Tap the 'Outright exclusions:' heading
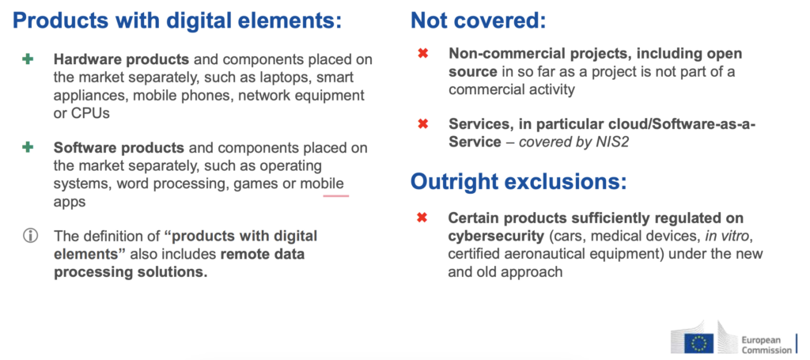(519, 181)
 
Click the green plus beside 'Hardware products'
(28, 59)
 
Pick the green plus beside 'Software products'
(28, 148)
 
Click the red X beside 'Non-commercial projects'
(422, 53)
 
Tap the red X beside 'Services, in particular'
(422, 124)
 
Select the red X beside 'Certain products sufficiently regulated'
(422, 218)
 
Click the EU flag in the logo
(699, 343)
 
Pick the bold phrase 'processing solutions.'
(131, 272)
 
